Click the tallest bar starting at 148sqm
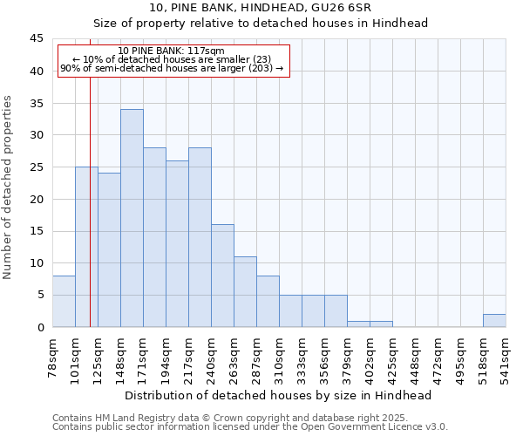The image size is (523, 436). [x=132, y=218]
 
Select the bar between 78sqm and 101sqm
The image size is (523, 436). [x=64, y=301]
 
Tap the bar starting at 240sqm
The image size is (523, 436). [x=222, y=276]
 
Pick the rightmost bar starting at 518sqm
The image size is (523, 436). [x=494, y=320]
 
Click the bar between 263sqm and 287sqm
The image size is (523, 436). [x=245, y=291]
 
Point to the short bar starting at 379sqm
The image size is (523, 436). [x=358, y=324]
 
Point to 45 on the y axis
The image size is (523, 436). [x=37, y=39]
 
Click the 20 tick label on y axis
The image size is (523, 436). [x=37, y=199]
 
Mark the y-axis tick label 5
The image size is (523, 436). [x=40, y=295]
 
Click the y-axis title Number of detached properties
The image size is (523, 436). [x=9, y=187]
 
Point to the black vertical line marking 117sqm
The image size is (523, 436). [x=90, y=218]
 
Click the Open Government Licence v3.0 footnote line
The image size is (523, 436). [x=250, y=427]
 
